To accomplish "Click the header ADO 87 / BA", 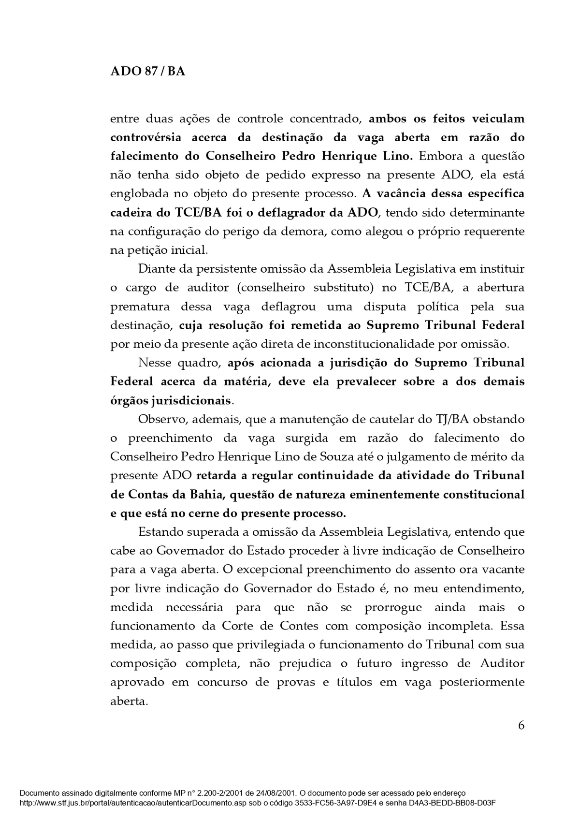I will (x=147, y=72).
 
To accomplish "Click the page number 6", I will (x=521, y=725).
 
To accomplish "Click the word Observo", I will (x=162, y=420).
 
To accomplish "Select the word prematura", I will (x=138, y=307).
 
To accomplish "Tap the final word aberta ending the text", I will (x=129, y=702).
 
